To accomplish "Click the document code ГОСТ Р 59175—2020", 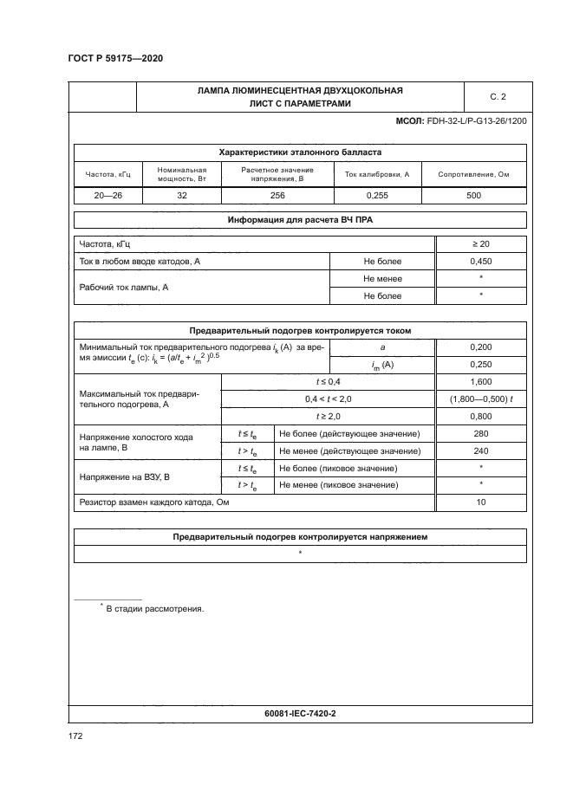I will click(x=114, y=58).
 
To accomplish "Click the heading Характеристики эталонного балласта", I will click(x=299, y=152).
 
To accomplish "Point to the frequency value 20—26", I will click(x=108, y=196).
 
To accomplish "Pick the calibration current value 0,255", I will click(x=377, y=196).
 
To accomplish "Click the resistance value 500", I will click(x=473, y=196).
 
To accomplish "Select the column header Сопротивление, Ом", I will click(x=473, y=174).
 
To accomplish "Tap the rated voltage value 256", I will click(x=277, y=196).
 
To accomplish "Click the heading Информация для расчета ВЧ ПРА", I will click(x=299, y=220).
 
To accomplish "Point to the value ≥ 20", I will click(x=480, y=243).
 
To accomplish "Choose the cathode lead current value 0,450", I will click(x=480, y=261).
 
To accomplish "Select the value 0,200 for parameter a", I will click(x=480, y=347).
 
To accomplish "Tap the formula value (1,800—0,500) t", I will click(x=480, y=399).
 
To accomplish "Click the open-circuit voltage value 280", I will click(x=480, y=433).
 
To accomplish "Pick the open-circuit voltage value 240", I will click(x=480, y=450).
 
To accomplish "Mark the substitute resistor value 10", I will click(x=480, y=502).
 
